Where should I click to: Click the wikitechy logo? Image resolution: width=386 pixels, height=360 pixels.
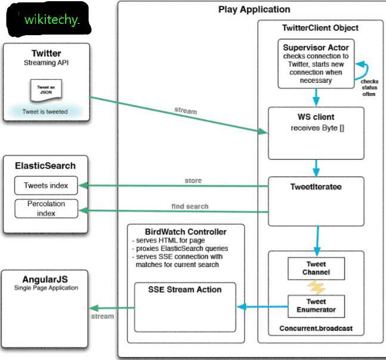coord(51,19)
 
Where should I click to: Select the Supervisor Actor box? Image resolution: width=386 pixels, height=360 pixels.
coord(316,63)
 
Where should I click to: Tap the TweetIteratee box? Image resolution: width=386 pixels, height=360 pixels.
coord(316,201)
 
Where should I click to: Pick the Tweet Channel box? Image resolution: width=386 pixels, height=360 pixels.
coord(316,268)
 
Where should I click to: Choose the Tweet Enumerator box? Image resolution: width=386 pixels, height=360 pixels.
coord(316,306)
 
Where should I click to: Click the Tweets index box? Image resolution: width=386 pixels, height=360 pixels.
coord(46,186)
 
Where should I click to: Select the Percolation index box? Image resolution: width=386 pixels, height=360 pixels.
coord(46,209)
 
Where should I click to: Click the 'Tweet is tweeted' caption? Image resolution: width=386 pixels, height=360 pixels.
coord(45,111)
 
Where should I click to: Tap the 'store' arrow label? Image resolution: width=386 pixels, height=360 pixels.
coord(193,180)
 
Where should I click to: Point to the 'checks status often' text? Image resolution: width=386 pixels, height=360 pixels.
coord(369,88)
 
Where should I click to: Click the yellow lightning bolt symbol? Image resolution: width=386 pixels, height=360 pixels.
coord(316,287)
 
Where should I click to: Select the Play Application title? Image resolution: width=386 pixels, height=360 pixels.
coord(254,10)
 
